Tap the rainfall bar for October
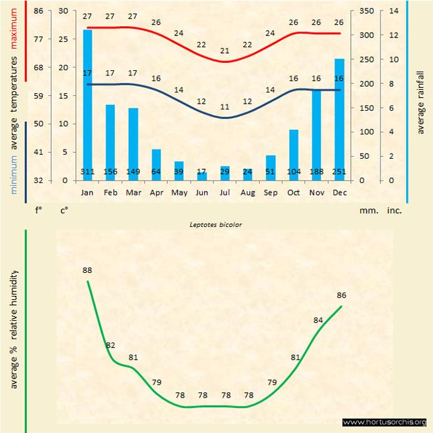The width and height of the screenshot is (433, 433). pyautogui.click(x=293, y=155)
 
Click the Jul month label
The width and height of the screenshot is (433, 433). pyautogui.click(x=225, y=194)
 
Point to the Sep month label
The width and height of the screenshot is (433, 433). pyautogui.click(x=270, y=194)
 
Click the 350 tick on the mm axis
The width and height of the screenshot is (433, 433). pyautogui.click(x=367, y=11)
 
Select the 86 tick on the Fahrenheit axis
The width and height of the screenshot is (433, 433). pyautogui.click(x=39, y=11)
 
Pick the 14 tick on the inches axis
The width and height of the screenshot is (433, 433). pyautogui.click(x=394, y=11)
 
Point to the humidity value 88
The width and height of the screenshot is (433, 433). pyautogui.click(x=87, y=270)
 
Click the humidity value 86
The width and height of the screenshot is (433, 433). pyautogui.click(x=341, y=295)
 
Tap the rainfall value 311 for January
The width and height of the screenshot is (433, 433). pyautogui.click(x=87, y=172)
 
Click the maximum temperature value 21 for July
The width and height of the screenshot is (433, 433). pyautogui.click(x=225, y=51)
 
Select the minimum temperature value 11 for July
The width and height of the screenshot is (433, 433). pyautogui.click(x=225, y=107)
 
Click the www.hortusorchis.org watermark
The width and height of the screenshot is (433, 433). pyautogui.click(x=384, y=422)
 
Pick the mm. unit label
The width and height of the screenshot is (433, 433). pyautogui.click(x=367, y=211)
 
